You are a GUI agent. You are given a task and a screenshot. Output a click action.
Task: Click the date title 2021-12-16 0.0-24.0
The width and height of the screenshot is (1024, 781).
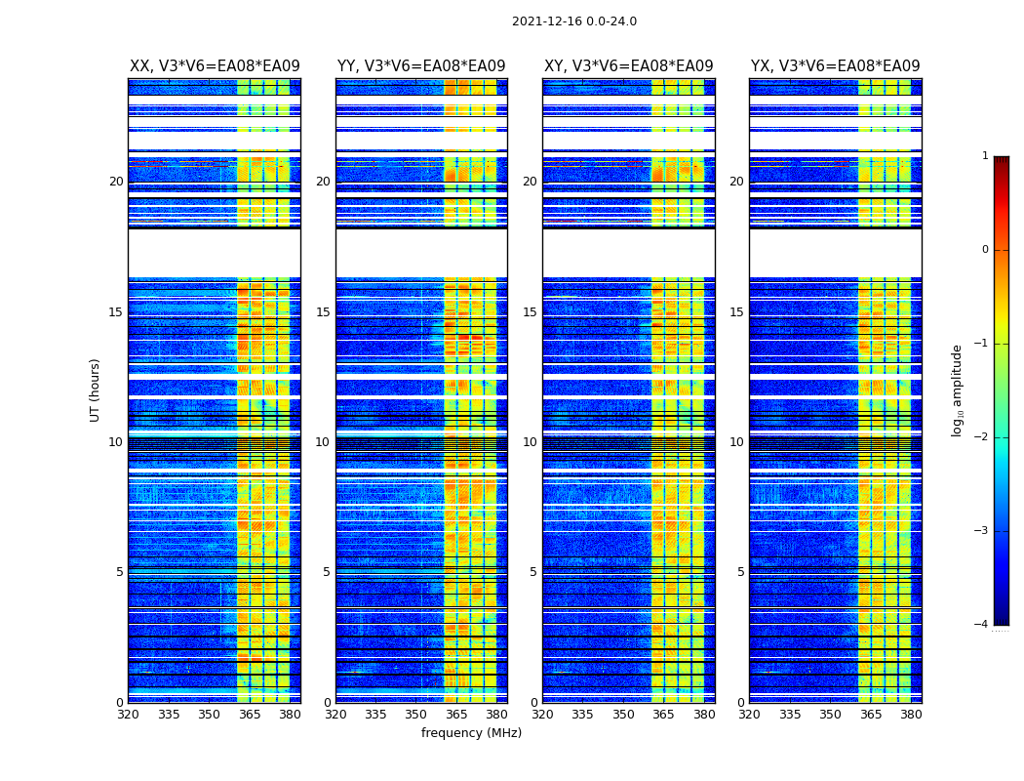pyautogui.click(x=573, y=21)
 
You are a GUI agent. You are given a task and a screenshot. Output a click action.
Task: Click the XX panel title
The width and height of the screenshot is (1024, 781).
pyautogui.click(x=215, y=66)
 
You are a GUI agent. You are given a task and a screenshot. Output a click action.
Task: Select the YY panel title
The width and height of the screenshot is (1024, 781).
pyautogui.click(x=421, y=66)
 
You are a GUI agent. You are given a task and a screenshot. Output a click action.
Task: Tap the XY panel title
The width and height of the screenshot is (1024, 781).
pyautogui.click(x=628, y=66)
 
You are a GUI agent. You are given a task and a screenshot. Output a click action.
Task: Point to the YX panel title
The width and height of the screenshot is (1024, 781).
pyautogui.click(x=835, y=66)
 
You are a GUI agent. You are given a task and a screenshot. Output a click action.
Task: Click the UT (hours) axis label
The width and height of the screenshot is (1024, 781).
pyautogui.click(x=96, y=390)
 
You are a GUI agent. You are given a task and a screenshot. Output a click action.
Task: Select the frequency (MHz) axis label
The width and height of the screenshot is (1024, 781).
pyautogui.click(x=471, y=733)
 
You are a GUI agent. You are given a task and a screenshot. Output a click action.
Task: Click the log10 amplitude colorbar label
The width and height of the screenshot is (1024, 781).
pyautogui.click(x=958, y=390)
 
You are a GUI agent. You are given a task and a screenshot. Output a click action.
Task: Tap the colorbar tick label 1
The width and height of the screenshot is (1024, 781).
pyautogui.click(x=985, y=156)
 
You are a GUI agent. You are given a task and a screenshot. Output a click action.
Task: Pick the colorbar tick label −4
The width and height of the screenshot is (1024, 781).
pyautogui.click(x=982, y=625)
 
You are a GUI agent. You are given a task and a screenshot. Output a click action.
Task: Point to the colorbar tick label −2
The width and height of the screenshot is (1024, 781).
pyautogui.click(x=982, y=437)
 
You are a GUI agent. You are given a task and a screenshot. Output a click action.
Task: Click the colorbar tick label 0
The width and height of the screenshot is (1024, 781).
pyautogui.click(x=985, y=250)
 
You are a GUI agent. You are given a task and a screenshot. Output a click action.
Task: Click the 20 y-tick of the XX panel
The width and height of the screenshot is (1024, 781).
pyautogui.click(x=116, y=182)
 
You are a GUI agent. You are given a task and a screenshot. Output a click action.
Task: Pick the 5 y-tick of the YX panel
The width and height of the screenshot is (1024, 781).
pyautogui.click(x=740, y=572)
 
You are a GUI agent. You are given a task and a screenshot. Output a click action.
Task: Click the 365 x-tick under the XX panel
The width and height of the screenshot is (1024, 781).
pyautogui.click(x=250, y=715)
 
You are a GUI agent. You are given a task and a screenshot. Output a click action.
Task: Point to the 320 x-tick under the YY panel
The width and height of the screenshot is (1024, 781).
pyautogui.click(x=335, y=715)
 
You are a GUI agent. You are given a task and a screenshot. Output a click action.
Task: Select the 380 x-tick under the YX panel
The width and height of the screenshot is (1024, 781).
pyautogui.click(x=911, y=715)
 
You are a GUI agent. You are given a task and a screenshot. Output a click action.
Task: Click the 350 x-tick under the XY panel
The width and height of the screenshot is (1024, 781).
pyautogui.click(x=623, y=715)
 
